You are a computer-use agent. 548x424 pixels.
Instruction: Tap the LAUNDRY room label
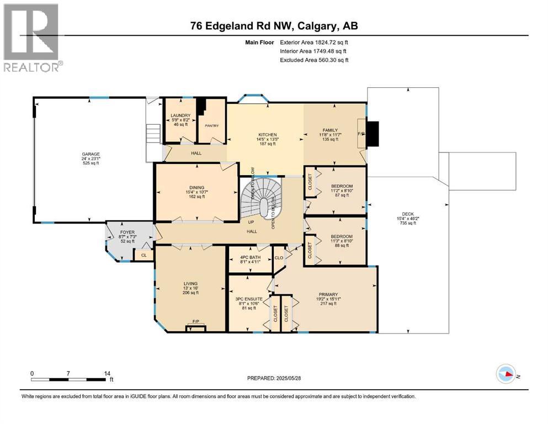pos(181,115)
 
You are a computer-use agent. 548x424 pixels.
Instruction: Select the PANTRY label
pos(212,125)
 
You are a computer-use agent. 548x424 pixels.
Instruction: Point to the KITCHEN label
pos(264,134)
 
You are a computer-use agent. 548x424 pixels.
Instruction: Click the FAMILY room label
pos(330,130)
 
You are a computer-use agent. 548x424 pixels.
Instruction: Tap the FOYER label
pos(127,232)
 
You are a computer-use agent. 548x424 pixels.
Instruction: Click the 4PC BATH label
pos(251,257)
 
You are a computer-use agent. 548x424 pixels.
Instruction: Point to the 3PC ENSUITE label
pos(249,299)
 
